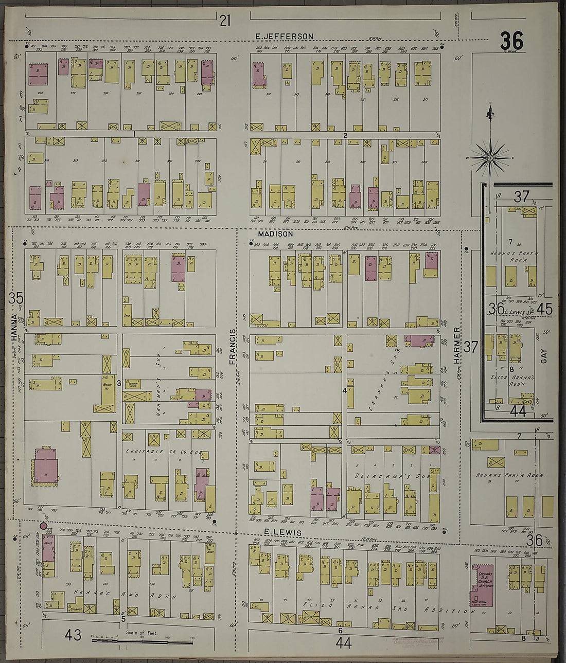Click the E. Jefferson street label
pyautogui.click(x=285, y=36)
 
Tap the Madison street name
pyautogui.click(x=275, y=234)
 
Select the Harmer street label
pyautogui.click(x=456, y=345)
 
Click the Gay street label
pyautogui.click(x=544, y=356)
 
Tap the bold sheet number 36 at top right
pyautogui.click(x=511, y=41)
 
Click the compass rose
pyautogui.click(x=490, y=155)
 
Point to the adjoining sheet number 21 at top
pyautogui.click(x=225, y=21)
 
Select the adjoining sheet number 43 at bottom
pyautogui.click(x=73, y=635)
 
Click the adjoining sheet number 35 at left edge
pyautogui.click(x=16, y=298)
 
